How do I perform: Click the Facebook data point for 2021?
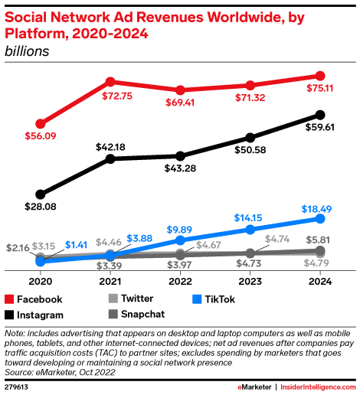pos(110,81)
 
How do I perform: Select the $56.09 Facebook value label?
pos(40,139)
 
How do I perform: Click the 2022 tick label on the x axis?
pos(180,282)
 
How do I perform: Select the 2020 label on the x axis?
pos(40,282)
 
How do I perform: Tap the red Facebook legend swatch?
pos(11,299)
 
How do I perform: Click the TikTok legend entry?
pos(195,299)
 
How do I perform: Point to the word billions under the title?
pos(27,51)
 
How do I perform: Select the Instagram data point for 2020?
pos(40,194)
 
